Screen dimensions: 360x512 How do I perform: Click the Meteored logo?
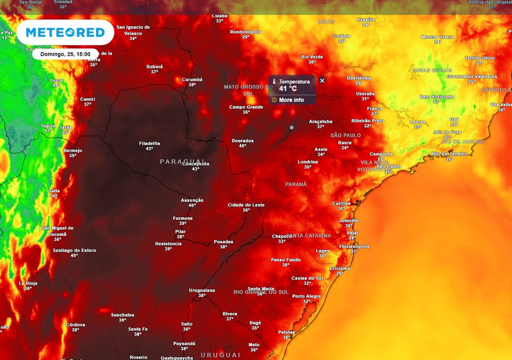[65, 32]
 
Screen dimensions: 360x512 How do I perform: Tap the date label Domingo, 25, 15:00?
[65, 54]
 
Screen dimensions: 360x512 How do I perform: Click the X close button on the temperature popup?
[322, 81]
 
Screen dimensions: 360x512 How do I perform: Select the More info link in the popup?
[291, 100]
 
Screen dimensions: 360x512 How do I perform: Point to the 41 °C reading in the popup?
[288, 89]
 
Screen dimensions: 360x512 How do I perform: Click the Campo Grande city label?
[246, 107]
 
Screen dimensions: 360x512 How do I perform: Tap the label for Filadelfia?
[149, 143]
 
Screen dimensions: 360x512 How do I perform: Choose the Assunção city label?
[192, 200]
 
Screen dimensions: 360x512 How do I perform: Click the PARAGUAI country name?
[183, 161]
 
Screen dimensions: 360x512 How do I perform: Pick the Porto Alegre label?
[306, 296]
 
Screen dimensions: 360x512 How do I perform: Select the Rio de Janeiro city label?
[449, 153]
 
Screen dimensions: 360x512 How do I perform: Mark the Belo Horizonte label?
[437, 97]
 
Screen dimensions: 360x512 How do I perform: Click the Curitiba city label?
[341, 203]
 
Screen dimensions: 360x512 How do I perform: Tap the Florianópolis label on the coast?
[354, 246]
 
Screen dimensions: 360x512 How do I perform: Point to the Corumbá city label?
[192, 80]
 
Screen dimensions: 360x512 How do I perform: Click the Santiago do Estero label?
[74, 250]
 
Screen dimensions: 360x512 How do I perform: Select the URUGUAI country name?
[220, 354]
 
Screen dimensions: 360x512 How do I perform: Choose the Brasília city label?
[366, 20]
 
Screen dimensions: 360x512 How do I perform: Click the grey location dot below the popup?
[292, 127]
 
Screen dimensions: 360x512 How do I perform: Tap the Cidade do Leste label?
[246, 205]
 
